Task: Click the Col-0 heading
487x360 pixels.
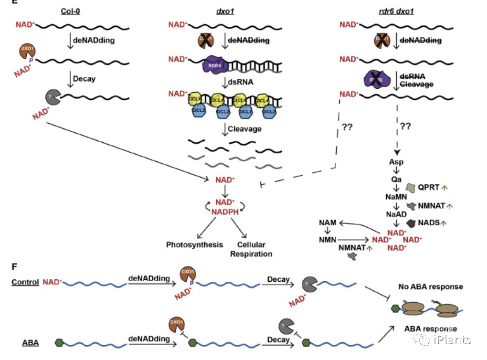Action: click(70, 11)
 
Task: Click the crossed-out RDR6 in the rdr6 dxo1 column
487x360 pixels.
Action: click(377, 77)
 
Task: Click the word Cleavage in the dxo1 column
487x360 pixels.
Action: click(244, 129)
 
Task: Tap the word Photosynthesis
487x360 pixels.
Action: click(194, 245)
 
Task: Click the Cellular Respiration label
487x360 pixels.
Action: click(251, 249)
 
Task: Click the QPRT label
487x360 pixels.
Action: click(429, 188)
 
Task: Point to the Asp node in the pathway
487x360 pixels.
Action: click(396, 162)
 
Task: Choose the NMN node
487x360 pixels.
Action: click(328, 239)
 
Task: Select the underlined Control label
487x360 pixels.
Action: click(25, 282)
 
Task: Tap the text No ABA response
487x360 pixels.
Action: click(430, 287)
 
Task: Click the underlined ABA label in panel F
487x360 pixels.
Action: click(31, 342)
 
